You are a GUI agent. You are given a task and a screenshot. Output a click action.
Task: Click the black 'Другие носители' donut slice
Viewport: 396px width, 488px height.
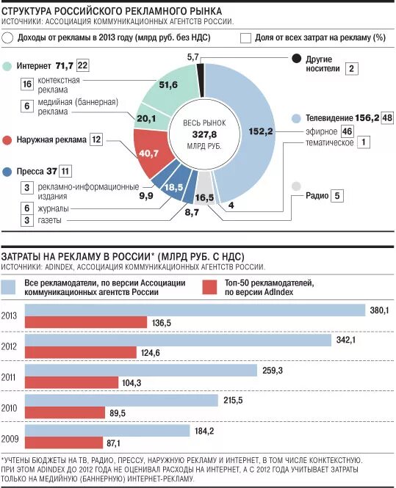tap(201, 80)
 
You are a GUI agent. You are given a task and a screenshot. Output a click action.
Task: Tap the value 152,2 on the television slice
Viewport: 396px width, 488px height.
tap(261, 131)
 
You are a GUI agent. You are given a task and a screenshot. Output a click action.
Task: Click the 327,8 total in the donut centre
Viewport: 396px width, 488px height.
tap(204, 134)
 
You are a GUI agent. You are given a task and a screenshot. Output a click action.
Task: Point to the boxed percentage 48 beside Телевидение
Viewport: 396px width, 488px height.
tap(387, 117)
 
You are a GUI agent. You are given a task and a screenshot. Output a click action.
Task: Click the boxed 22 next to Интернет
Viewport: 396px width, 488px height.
tap(82, 65)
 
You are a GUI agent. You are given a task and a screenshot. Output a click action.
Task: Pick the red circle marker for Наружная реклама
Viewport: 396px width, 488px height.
tap(7, 140)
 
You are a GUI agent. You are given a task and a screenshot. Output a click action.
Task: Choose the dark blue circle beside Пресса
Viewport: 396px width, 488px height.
tap(7, 172)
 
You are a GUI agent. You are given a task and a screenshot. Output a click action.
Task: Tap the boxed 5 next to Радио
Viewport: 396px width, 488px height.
tap(337, 196)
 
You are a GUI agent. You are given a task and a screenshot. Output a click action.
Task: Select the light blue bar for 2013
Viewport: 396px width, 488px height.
tap(195, 310)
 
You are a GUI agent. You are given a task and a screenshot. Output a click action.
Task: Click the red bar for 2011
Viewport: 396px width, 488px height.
tap(72, 382)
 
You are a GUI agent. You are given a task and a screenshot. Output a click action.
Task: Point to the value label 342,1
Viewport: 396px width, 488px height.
tap(346, 340)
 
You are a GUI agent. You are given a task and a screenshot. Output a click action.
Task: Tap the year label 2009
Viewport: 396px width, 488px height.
tap(10, 439)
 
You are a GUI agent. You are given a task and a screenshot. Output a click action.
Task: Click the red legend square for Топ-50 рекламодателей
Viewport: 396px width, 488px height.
tap(209, 287)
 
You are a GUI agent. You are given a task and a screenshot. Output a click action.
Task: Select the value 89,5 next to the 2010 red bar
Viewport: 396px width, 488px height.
tap(118, 413)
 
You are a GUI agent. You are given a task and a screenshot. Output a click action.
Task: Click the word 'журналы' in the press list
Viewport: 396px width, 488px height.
tap(54, 208)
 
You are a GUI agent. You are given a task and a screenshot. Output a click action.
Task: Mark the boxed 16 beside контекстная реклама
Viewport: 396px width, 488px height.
tap(27, 84)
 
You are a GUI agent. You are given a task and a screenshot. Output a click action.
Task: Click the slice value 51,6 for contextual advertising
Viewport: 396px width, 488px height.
tap(168, 84)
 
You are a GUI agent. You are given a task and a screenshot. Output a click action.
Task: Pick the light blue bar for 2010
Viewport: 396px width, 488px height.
tap(121, 401)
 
